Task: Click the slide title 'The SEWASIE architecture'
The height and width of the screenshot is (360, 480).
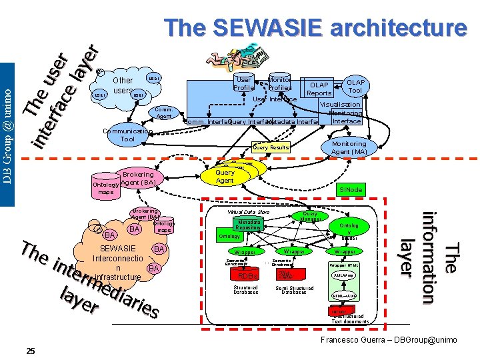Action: tap(316, 28)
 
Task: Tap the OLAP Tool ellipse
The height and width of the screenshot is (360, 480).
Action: tap(355, 86)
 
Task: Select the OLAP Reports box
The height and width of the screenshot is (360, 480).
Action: tap(319, 89)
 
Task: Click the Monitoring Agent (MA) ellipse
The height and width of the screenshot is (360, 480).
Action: tap(349, 147)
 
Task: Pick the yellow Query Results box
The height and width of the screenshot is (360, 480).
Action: tap(271, 147)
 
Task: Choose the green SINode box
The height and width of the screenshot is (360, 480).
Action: tap(351, 190)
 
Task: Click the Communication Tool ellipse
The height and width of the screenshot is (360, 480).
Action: tap(127, 135)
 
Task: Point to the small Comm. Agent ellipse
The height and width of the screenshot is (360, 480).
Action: tap(164, 112)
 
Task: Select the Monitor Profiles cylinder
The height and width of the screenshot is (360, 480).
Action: tap(280, 83)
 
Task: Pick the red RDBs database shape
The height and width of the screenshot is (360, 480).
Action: tap(247, 275)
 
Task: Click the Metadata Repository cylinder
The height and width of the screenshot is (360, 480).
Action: tap(249, 224)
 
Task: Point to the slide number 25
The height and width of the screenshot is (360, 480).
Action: tap(31, 351)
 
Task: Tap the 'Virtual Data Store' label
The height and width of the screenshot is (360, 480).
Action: tap(248, 211)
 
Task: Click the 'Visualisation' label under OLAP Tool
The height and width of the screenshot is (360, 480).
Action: tap(341, 105)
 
